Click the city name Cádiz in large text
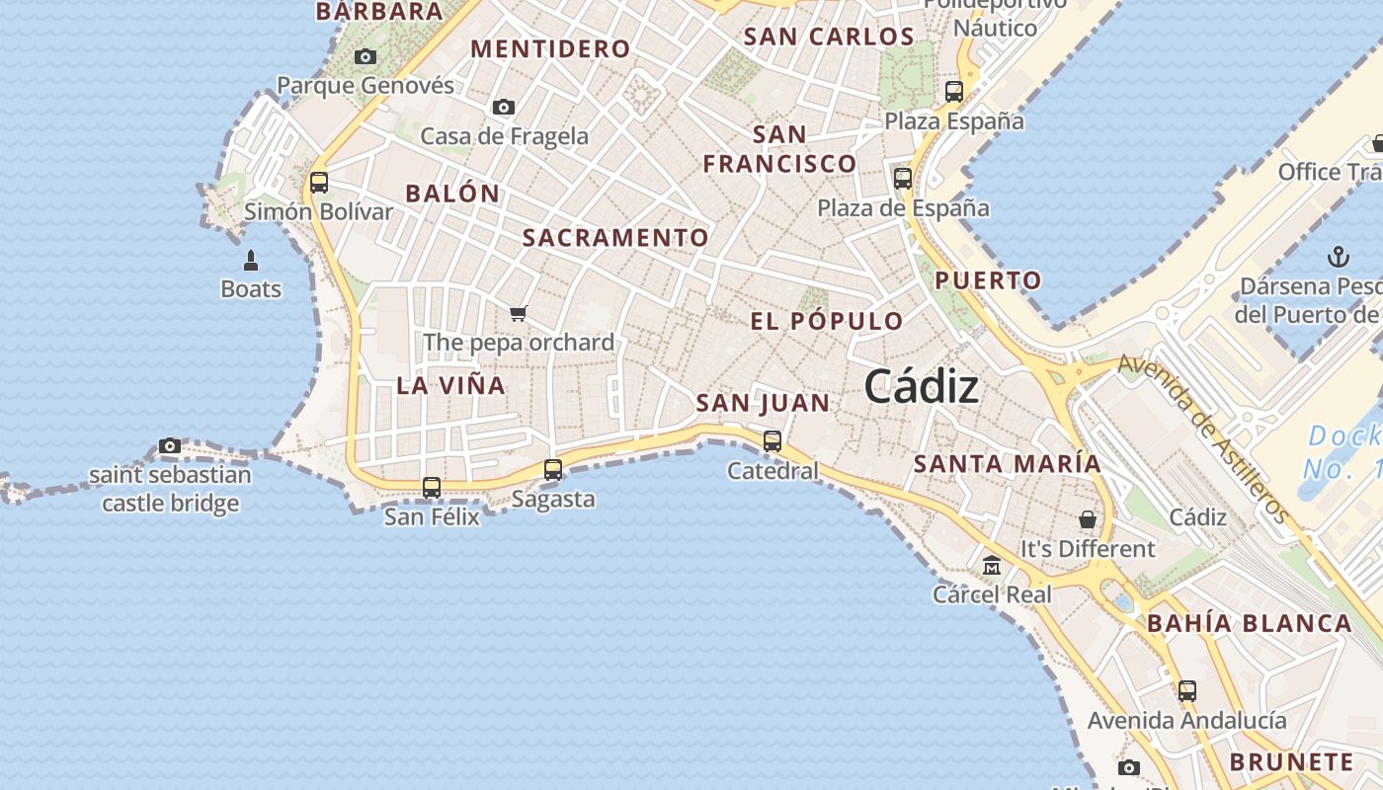[x=922, y=387]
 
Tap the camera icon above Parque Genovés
[x=366, y=57]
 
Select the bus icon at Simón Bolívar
[x=318, y=183]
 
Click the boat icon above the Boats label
[x=251, y=261]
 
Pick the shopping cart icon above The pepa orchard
[x=519, y=314]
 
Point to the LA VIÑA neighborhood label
[x=450, y=386]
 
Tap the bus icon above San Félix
[x=432, y=488]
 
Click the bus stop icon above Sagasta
[x=553, y=470]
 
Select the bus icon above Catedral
[x=773, y=441]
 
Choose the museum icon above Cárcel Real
[x=992, y=566]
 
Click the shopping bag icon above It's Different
[x=1088, y=519]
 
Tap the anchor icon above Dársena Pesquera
[x=1338, y=258]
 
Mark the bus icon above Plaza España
[x=954, y=92]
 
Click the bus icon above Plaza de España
[x=903, y=179]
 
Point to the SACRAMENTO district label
[x=615, y=238]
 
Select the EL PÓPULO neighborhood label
[x=827, y=321]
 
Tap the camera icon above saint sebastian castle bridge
[x=170, y=446]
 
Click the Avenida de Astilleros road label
[x=1203, y=438]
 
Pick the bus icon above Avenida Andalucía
[x=1187, y=691]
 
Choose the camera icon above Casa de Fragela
[x=504, y=107]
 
